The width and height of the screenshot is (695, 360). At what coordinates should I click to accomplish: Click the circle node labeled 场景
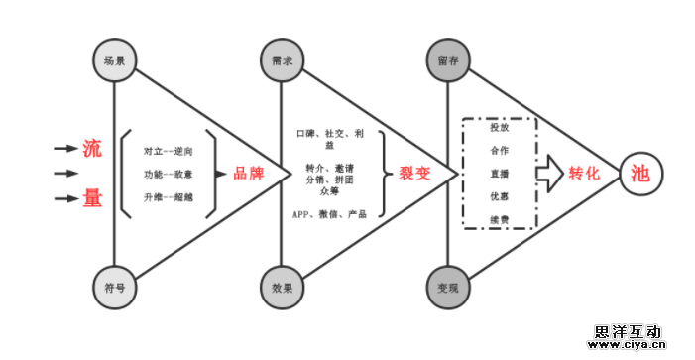click(x=114, y=60)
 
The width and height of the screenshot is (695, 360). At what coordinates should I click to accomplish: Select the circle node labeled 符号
click(x=114, y=288)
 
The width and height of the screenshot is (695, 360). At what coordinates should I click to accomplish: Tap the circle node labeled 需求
click(x=282, y=60)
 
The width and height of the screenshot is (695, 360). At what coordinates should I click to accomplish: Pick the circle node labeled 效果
click(x=282, y=288)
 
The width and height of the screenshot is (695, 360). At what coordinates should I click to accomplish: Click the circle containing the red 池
click(x=639, y=174)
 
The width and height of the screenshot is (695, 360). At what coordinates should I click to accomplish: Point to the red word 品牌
click(x=248, y=174)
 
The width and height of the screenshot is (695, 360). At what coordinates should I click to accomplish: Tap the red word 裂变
click(x=414, y=174)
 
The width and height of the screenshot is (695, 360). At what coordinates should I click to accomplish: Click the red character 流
click(x=92, y=149)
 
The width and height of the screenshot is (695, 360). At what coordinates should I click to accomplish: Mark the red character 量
click(x=92, y=199)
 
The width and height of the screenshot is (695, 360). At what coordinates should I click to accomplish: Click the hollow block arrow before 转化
click(x=549, y=174)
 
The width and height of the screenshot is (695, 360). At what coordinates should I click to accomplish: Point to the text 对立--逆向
click(x=168, y=150)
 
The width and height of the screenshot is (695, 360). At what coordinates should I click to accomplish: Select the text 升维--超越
click(x=168, y=197)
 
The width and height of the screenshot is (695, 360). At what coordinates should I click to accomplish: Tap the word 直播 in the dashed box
click(x=499, y=173)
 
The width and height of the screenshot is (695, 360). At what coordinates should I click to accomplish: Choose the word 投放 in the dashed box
click(x=499, y=127)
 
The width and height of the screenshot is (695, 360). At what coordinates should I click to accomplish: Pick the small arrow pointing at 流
click(x=65, y=149)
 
